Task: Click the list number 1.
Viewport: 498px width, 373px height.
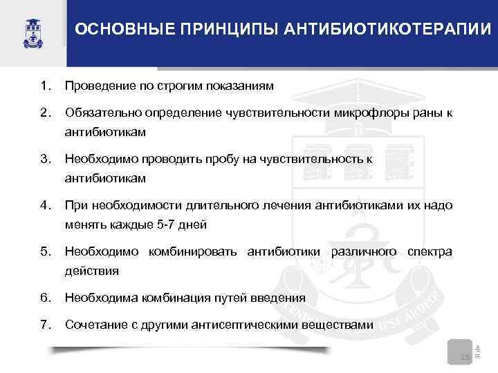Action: pos(46,86)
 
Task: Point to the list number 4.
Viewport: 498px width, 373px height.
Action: pos(46,205)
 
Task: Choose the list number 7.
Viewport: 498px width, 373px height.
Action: pos(46,325)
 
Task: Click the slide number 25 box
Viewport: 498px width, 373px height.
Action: pos(464,354)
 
